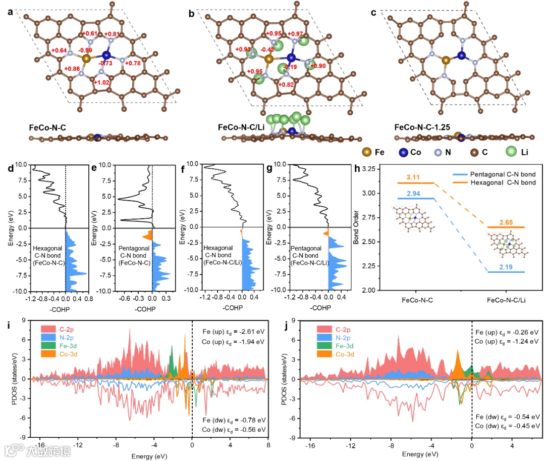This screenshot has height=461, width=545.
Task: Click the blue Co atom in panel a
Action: pos(106,55)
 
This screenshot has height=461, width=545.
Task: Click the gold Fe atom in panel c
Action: pos(446,61)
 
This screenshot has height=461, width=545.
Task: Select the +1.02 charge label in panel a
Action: pos(102,83)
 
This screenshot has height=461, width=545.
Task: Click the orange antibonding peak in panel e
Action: pos(147,236)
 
